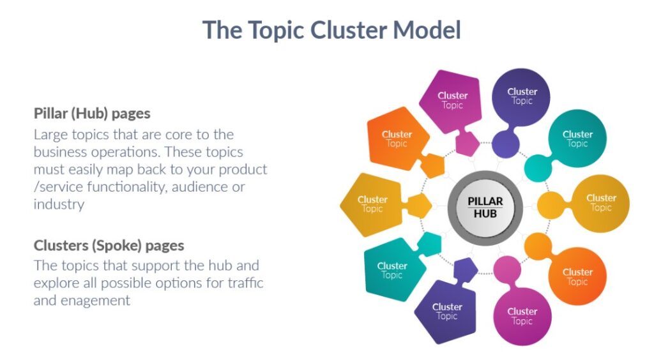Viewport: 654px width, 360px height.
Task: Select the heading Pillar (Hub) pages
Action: [x=92, y=114]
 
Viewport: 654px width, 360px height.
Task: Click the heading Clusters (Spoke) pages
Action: [x=109, y=245]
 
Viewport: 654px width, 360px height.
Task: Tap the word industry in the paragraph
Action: [x=59, y=204]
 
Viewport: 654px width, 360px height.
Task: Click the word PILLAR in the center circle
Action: [x=485, y=201]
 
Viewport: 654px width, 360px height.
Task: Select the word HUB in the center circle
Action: [x=485, y=214]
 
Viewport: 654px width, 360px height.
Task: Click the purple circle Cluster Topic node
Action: [x=522, y=96]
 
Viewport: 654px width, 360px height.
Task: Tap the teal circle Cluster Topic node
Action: [x=577, y=139]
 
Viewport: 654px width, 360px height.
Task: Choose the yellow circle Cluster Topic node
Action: [x=600, y=203]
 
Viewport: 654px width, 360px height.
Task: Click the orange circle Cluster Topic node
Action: [x=577, y=276]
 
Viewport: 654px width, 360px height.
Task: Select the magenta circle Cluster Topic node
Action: [x=522, y=316]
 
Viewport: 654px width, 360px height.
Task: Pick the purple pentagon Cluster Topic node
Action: [x=447, y=311]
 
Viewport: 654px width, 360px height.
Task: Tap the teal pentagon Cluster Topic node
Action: [x=392, y=270]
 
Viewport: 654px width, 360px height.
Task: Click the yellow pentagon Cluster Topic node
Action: [x=372, y=204]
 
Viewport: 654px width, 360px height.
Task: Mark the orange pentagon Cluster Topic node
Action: [x=397, y=139]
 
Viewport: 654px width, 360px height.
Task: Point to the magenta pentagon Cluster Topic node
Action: [x=452, y=100]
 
